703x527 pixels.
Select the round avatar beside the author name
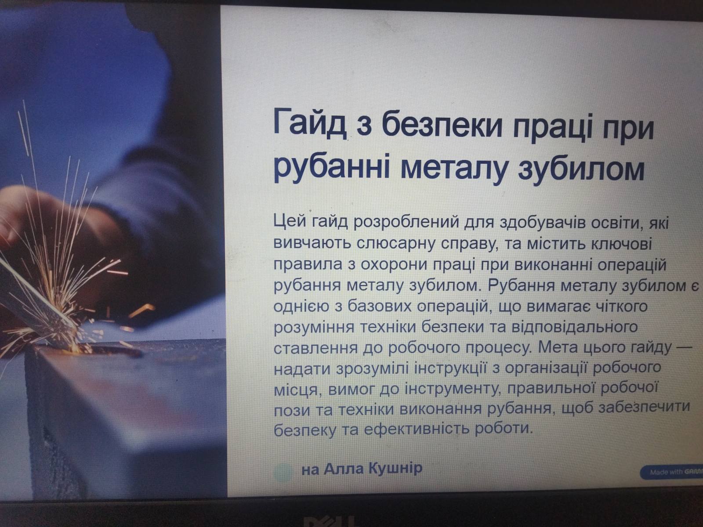coord(283,471)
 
